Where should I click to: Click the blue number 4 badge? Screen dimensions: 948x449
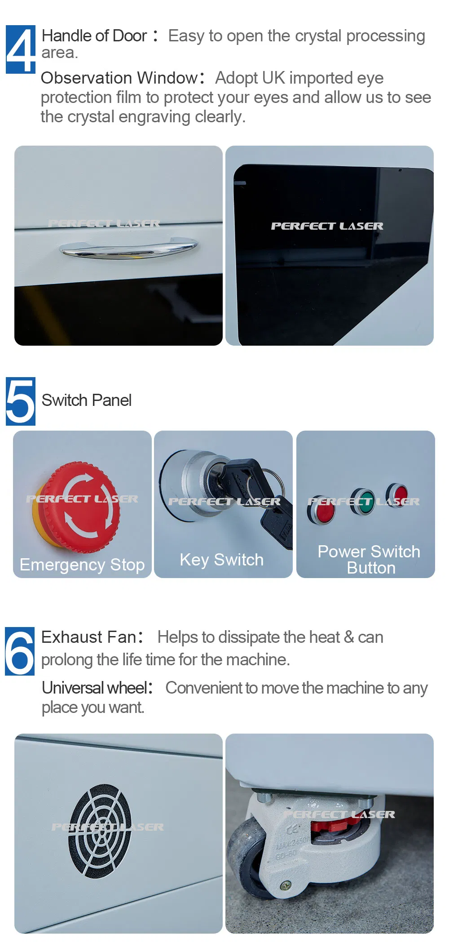(x=21, y=49)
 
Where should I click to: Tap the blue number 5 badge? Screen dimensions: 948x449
(x=21, y=401)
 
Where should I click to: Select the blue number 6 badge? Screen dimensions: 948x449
(x=20, y=651)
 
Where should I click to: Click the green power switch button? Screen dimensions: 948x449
(x=363, y=501)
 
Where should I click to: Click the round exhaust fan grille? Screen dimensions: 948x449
(x=100, y=831)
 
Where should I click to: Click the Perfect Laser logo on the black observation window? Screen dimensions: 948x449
(x=327, y=226)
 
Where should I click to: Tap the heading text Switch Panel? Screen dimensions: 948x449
(x=87, y=400)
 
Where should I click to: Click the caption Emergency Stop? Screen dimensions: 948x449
(x=82, y=565)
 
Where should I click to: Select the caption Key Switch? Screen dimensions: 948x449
(x=221, y=560)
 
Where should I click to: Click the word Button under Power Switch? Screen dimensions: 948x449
(x=371, y=568)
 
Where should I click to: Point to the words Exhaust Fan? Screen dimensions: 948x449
(x=88, y=637)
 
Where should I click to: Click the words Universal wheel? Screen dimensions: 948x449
(x=95, y=688)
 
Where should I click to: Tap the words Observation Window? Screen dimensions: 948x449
(x=119, y=78)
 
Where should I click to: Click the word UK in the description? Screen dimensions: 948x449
(x=273, y=78)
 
